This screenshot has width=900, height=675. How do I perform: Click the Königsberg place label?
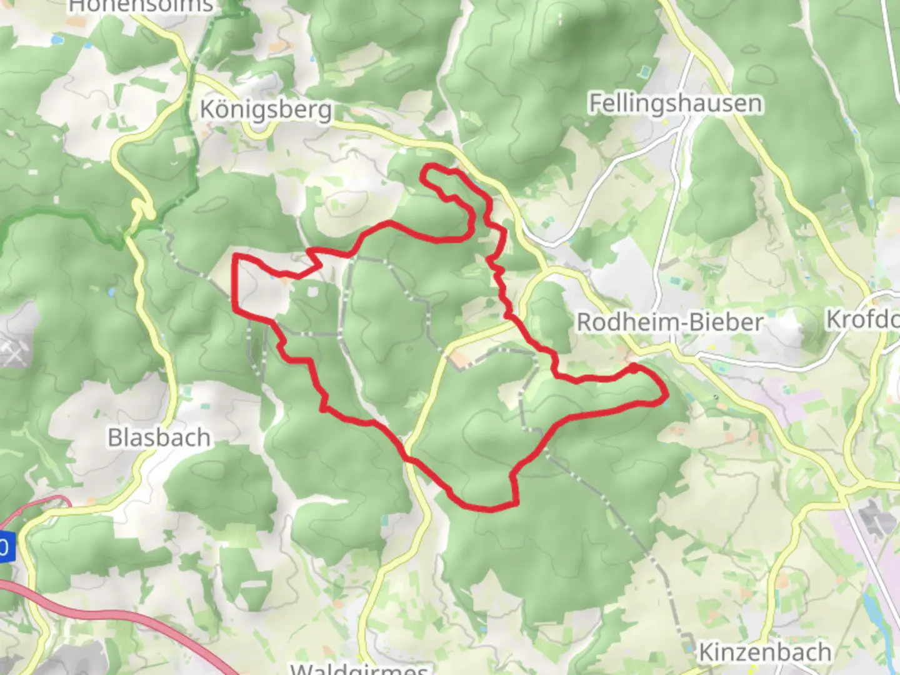tap(266, 110)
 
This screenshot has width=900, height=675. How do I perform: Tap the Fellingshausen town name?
tap(676, 103)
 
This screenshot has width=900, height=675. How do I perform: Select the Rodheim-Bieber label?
tap(669, 322)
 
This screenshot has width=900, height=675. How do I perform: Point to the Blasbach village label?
tap(159, 437)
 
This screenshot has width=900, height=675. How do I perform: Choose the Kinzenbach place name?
tap(764, 652)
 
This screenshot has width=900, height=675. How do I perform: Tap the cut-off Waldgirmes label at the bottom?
tap(359, 669)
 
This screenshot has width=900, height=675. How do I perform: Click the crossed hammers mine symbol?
tap(11, 351)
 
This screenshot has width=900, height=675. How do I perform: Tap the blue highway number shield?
tap(5, 547)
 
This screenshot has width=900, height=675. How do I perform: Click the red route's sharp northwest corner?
tap(236, 256)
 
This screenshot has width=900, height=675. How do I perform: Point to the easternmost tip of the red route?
tap(667, 395)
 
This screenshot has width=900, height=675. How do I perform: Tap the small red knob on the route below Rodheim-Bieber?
tap(633, 369)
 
